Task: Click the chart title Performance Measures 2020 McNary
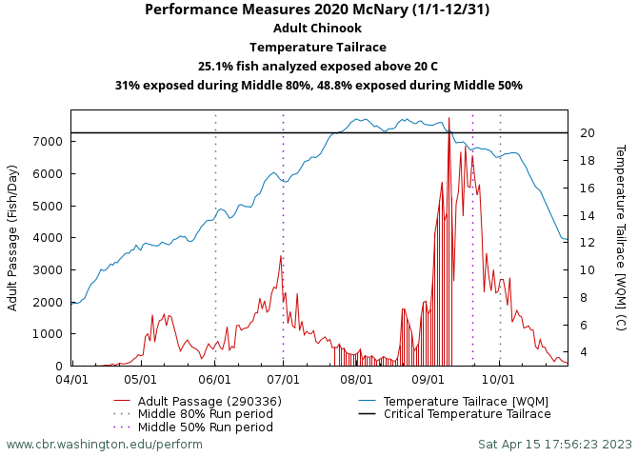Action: (x=318, y=10)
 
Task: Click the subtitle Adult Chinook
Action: (x=318, y=29)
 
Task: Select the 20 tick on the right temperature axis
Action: (x=588, y=133)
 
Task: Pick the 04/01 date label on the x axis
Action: (x=71, y=378)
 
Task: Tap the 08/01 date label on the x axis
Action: (x=355, y=378)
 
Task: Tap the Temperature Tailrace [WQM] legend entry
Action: (x=466, y=401)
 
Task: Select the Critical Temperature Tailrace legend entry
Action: (x=467, y=414)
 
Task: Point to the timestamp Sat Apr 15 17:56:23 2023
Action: (x=555, y=444)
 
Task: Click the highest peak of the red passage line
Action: (x=449, y=119)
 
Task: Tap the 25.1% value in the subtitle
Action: (x=219, y=67)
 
